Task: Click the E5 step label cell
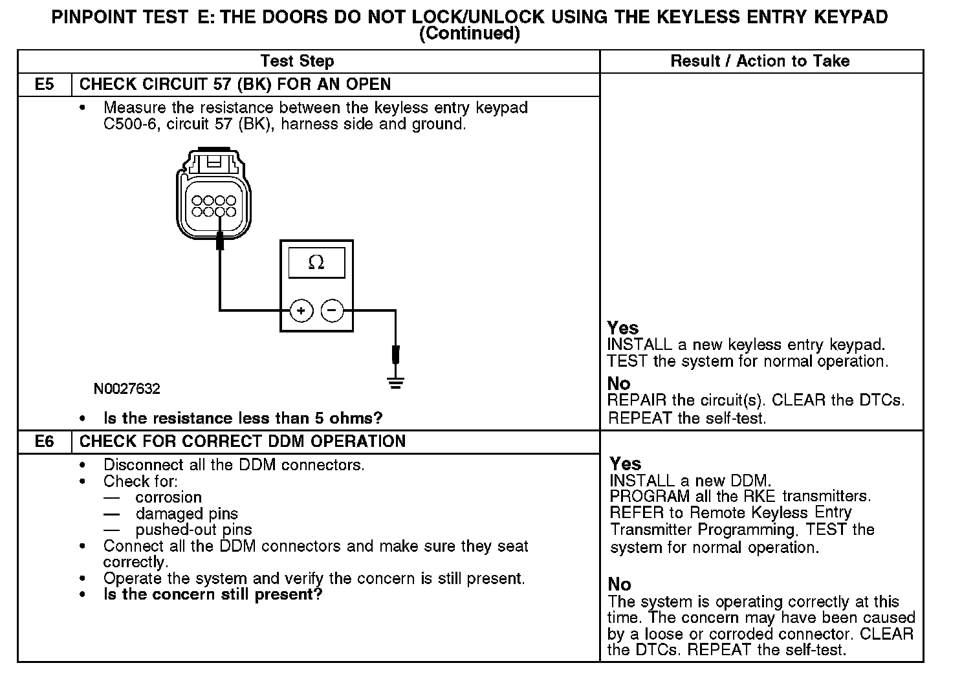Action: click(44, 85)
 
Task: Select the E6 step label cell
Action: click(44, 442)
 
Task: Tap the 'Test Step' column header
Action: click(297, 61)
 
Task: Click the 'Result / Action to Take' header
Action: click(760, 61)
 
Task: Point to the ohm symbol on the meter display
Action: click(316, 262)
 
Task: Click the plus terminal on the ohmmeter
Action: click(301, 311)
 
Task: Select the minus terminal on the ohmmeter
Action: click(333, 311)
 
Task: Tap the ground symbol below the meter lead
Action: click(396, 383)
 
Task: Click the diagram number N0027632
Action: click(127, 389)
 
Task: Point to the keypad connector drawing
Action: click(213, 194)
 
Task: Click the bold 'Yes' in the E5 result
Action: click(622, 328)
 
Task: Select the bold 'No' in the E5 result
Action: click(618, 384)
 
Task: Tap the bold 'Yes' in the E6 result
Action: click(625, 464)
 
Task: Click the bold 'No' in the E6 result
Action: click(619, 585)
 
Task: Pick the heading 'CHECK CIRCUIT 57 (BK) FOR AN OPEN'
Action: click(235, 85)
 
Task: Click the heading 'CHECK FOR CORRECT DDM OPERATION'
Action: click(243, 442)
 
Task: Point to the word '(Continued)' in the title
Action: click(470, 34)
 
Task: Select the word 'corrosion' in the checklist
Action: click(168, 497)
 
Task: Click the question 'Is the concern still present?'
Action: click(212, 594)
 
